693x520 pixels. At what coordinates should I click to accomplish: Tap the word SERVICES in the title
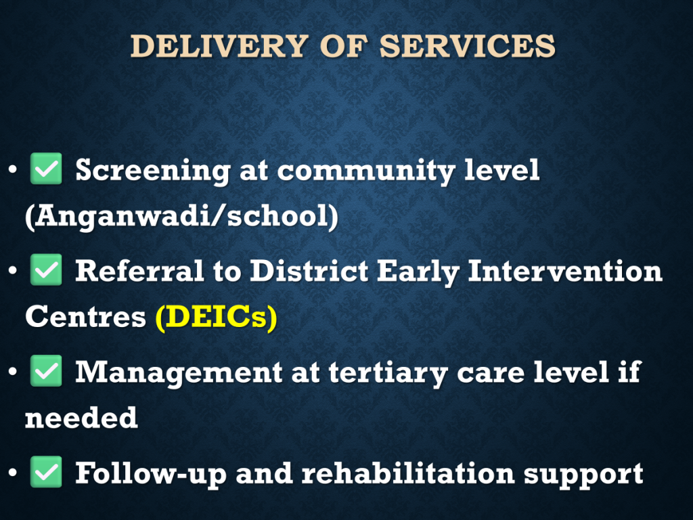click(467, 46)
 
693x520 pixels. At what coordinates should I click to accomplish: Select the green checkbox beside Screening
click(46, 169)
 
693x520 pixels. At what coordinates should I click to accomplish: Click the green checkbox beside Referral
click(46, 269)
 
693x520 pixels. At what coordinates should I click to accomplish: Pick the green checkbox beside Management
click(46, 371)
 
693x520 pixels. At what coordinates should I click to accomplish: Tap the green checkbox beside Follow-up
click(46, 472)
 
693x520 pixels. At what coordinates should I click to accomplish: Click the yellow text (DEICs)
click(217, 317)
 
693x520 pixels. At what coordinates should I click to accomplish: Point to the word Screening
click(153, 171)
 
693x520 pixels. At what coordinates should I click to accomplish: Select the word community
click(366, 171)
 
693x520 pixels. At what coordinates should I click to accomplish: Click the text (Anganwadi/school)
click(181, 217)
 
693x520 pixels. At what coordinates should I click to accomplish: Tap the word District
click(309, 271)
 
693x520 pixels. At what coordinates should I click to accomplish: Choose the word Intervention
click(565, 271)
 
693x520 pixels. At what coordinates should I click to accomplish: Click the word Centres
click(85, 317)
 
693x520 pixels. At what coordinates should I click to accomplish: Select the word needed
click(81, 417)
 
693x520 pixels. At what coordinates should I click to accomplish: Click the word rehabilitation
click(408, 473)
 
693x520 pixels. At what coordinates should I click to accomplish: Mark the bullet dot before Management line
click(12, 371)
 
